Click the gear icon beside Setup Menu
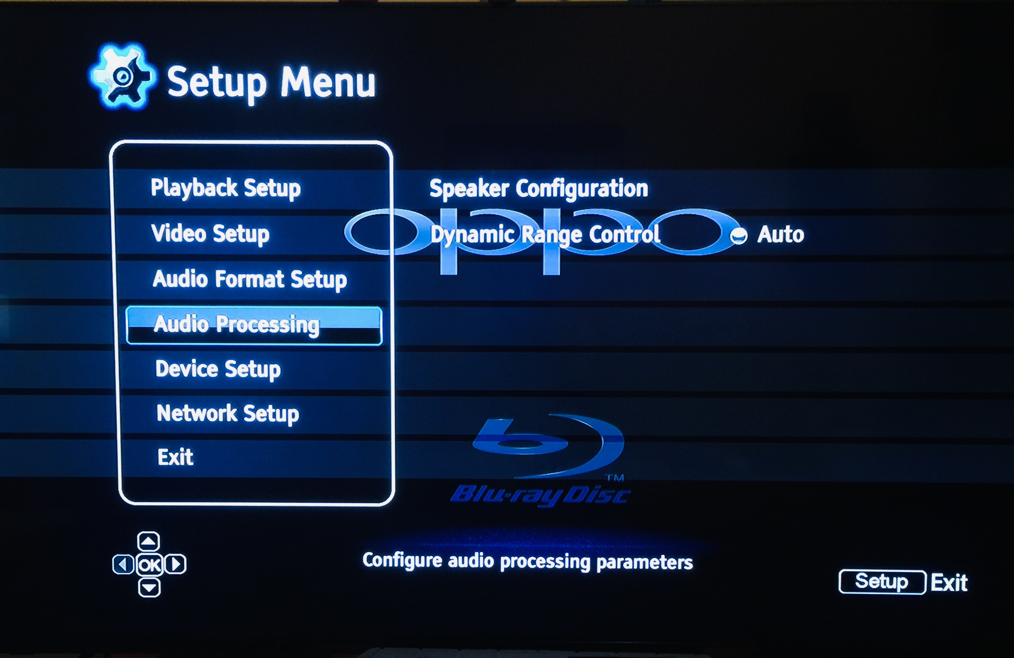click(x=123, y=77)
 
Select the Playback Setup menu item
click(x=226, y=189)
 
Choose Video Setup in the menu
click(x=210, y=234)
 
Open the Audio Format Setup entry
click(x=250, y=280)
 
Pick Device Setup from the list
click(x=218, y=369)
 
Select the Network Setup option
click(x=228, y=414)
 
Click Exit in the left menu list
click(x=176, y=458)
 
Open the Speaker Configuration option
click(x=538, y=189)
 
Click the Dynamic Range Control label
click(x=546, y=235)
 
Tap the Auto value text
click(x=780, y=234)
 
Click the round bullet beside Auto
click(x=739, y=236)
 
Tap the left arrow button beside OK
click(x=123, y=565)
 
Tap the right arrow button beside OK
click(x=176, y=564)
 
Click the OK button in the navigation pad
click(x=150, y=565)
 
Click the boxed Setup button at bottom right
click(x=882, y=582)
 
